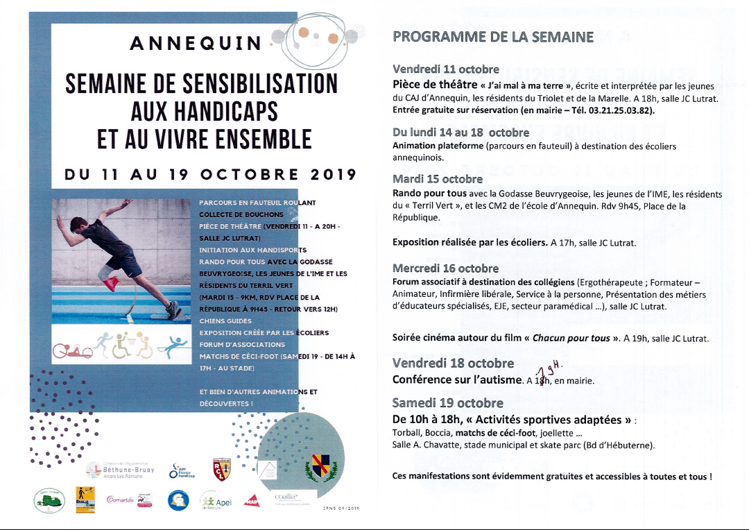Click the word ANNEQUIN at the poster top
coord(196,44)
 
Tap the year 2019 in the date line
coord(332,174)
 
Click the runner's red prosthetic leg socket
coord(111,284)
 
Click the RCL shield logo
coord(222,468)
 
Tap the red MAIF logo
coord(251,500)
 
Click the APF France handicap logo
coord(182,470)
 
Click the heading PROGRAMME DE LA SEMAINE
coord(492,37)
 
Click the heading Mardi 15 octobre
coord(438,179)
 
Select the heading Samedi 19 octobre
coord(447,403)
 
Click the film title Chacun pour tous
coord(571,339)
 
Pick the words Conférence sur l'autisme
coord(457,379)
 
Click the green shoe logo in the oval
coord(49,501)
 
